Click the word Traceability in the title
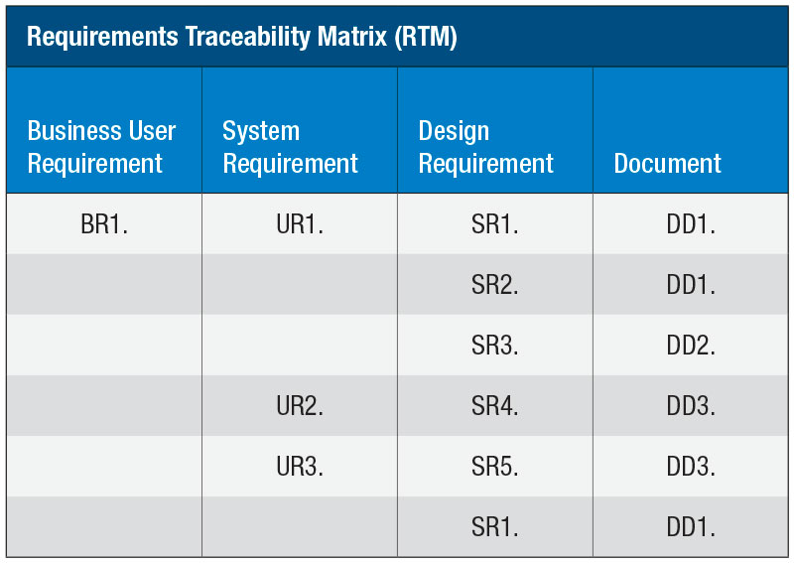247,37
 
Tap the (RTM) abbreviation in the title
426,37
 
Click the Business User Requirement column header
101,147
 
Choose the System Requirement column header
290,147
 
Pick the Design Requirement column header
485,147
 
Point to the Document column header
667,163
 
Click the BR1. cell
104,224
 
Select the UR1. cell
300,224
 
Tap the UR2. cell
300,406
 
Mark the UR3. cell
300,467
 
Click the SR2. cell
494,285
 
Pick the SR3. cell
494,346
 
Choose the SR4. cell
494,406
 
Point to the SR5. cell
494,467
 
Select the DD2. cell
691,346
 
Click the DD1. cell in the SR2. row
691,285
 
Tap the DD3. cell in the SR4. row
691,406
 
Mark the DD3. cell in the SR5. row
691,467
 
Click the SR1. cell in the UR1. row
494,224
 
